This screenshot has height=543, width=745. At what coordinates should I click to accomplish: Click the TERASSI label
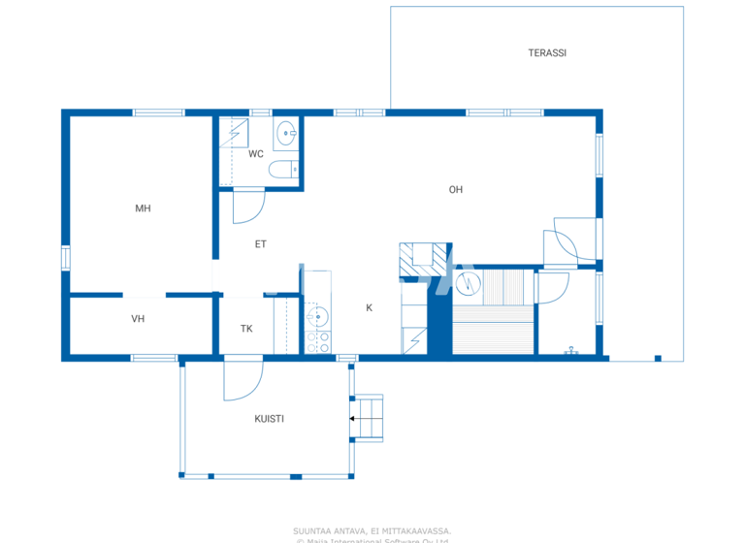pos(547,53)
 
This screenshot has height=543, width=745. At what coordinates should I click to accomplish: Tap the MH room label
pos(143,208)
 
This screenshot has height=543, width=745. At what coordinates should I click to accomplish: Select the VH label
pos(138,318)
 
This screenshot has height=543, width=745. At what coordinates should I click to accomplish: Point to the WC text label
pos(256,154)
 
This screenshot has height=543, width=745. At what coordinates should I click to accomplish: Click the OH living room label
pos(455,190)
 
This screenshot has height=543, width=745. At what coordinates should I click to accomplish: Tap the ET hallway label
pos(260,244)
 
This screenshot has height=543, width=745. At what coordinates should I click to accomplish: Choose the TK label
pos(246,329)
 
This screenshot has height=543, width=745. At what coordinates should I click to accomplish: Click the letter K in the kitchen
pos(369,308)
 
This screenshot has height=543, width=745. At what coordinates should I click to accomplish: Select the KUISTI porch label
pos(269,419)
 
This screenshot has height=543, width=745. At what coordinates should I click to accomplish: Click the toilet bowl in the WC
pos(282,173)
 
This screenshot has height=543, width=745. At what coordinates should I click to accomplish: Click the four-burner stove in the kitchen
pos(318,342)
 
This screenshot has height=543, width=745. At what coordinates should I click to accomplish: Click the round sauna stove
pos(469,283)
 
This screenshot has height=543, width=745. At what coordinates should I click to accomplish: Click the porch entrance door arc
pos(243,381)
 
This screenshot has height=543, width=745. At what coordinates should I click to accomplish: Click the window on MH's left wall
pos(66,257)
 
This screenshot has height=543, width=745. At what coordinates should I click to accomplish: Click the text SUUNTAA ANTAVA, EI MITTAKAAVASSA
pos(372,530)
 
